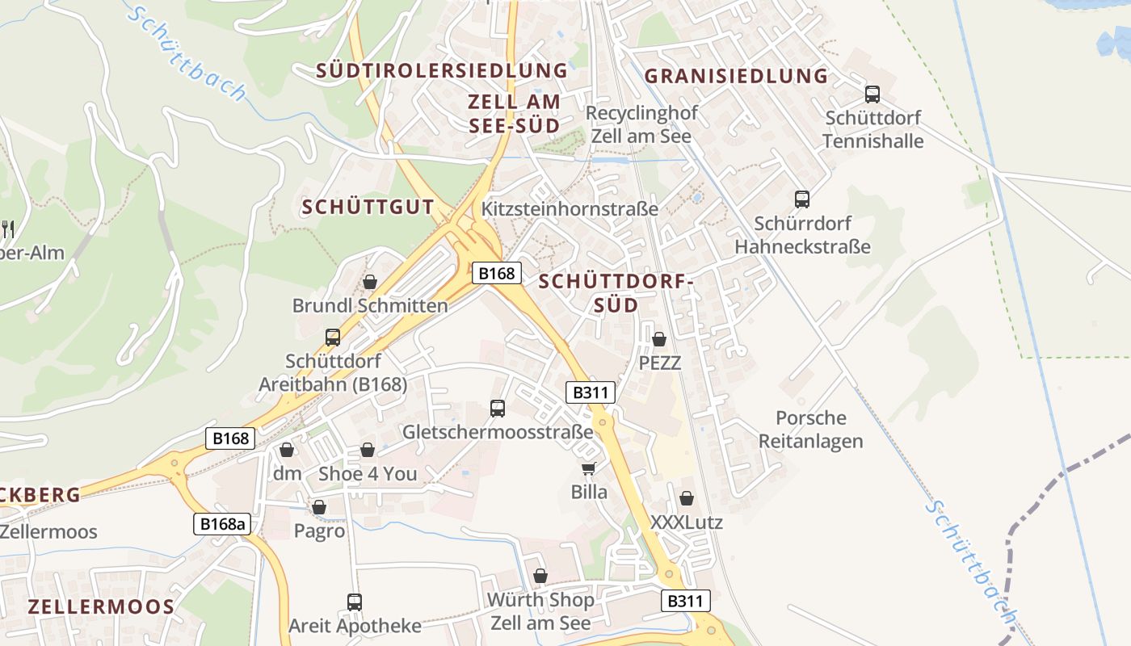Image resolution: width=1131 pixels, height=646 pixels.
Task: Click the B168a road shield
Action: point(223,524)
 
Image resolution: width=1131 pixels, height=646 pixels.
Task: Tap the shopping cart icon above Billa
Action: point(589,468)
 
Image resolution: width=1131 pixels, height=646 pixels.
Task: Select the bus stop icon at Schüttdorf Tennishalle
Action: point(872,94)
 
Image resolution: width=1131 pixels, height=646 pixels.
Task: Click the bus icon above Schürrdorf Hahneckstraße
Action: point(802,199)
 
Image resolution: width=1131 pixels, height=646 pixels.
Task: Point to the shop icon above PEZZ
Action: point(659,339)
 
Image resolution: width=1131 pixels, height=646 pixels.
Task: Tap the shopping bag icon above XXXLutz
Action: point(687,499)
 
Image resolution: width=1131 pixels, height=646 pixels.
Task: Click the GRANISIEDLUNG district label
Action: point(737,76)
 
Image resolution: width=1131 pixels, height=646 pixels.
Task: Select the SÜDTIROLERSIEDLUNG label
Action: point(442,70)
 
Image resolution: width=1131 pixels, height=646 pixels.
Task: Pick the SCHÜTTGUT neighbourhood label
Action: point(368,207)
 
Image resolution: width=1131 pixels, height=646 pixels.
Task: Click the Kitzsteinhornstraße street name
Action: point(570,208)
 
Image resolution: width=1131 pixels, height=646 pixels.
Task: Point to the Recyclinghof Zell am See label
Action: point(641,124)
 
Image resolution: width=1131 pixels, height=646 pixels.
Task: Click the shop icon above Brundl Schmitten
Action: point(370,282)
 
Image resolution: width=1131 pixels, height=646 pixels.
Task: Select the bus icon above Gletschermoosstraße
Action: point(498,409)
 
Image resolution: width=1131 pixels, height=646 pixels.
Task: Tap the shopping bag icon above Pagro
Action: point(319,507)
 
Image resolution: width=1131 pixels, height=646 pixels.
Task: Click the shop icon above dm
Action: point(287,450)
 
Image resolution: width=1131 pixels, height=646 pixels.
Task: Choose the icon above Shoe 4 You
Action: point(368,450)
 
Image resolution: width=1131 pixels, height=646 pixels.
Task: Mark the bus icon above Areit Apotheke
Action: point(355,602)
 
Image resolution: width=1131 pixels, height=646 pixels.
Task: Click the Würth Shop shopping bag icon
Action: point(540,576)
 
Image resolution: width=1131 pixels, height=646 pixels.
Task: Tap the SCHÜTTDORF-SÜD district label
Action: point(616,293)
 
